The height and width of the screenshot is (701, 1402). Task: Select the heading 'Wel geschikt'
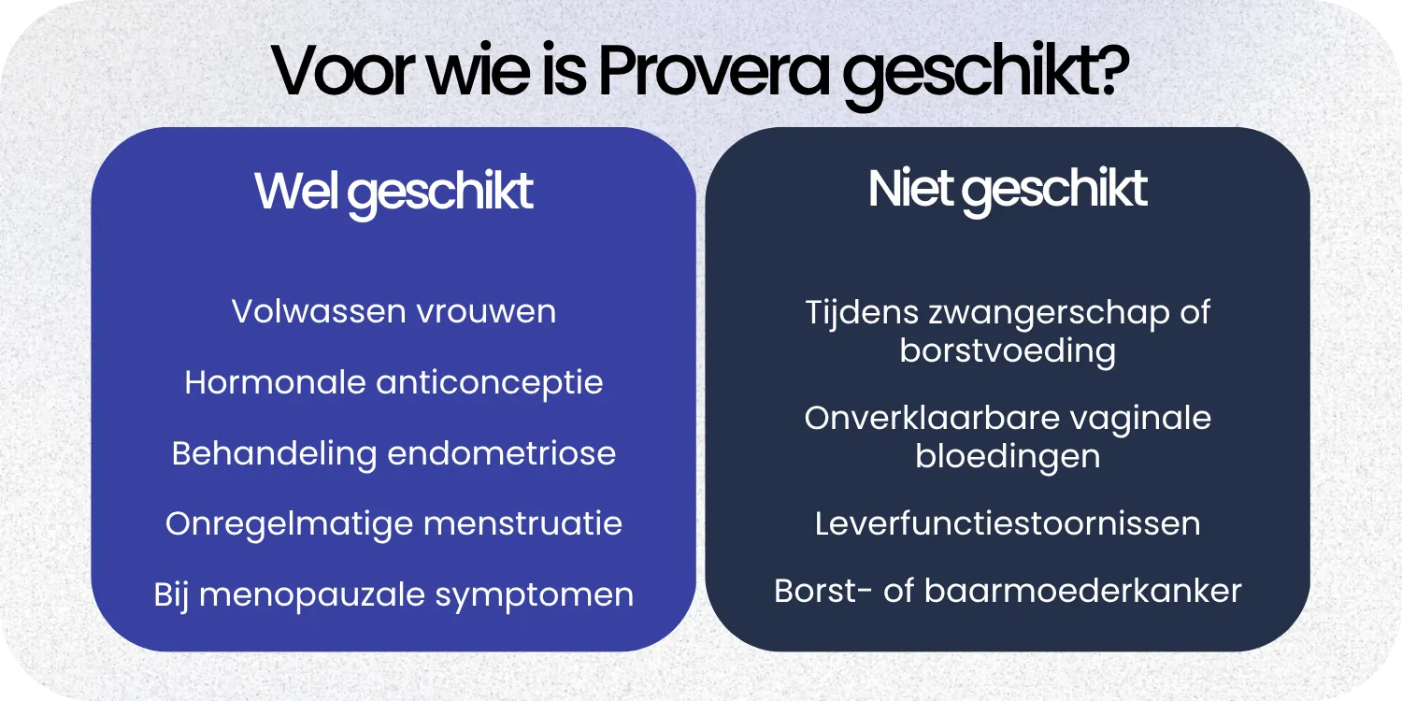(393, 192)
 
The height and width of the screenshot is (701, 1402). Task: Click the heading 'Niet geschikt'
(1008, 190)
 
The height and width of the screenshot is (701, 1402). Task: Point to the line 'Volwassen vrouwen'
(393, 311)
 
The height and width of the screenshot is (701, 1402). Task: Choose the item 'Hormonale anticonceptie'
(393, 382)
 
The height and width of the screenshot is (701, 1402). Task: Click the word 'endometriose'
(501, 453)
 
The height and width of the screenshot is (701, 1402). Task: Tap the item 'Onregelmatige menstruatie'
(393, 523)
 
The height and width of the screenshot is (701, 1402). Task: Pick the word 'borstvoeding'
(1008, 351)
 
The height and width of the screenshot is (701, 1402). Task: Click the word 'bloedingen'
(1008, 457)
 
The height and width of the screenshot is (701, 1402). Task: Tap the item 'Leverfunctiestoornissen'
(1008, 523)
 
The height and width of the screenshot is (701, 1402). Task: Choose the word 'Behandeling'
(275, 454)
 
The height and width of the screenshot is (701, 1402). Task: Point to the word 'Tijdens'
(861, 312)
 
